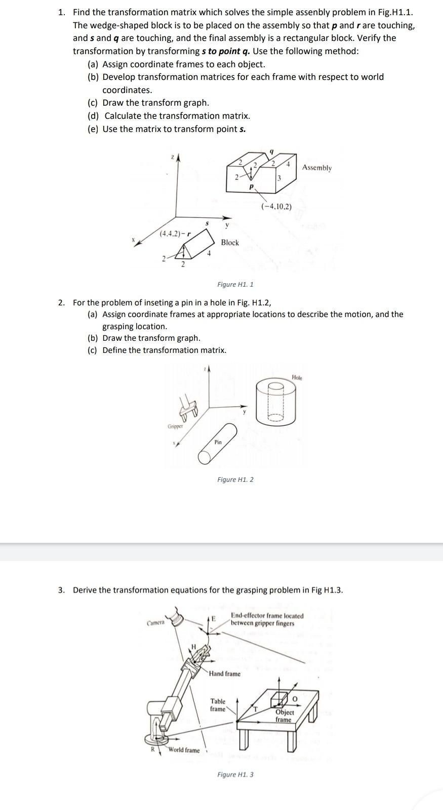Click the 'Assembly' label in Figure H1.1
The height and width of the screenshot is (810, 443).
[x=317, y=167]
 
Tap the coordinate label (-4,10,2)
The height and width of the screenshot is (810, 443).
[x=276, y=206]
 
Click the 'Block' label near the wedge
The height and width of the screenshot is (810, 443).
[x=229, y=242]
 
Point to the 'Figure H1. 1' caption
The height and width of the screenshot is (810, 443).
[x=235, y=284]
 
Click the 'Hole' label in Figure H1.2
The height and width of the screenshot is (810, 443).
[x=297, y=378]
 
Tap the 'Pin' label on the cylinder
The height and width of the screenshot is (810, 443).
[x=218, y=442]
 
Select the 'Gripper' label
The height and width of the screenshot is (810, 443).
[x=175, y=426]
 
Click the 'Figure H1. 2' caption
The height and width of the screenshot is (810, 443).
[x=235, y=479]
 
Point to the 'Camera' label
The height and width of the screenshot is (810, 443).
[x=155, y=622]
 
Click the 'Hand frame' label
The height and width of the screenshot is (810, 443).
[x=225, y=673]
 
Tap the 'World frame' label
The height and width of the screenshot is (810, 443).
[x=184, y=750]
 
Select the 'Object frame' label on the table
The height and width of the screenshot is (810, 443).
[x=284, y=715]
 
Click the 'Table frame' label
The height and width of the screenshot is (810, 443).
[x=218, y=705]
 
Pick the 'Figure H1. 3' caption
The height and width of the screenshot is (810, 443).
[x=235, y=774]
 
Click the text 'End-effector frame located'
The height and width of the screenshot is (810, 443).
[x=267, y=616]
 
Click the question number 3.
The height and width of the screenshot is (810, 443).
[x=61, y=590]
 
